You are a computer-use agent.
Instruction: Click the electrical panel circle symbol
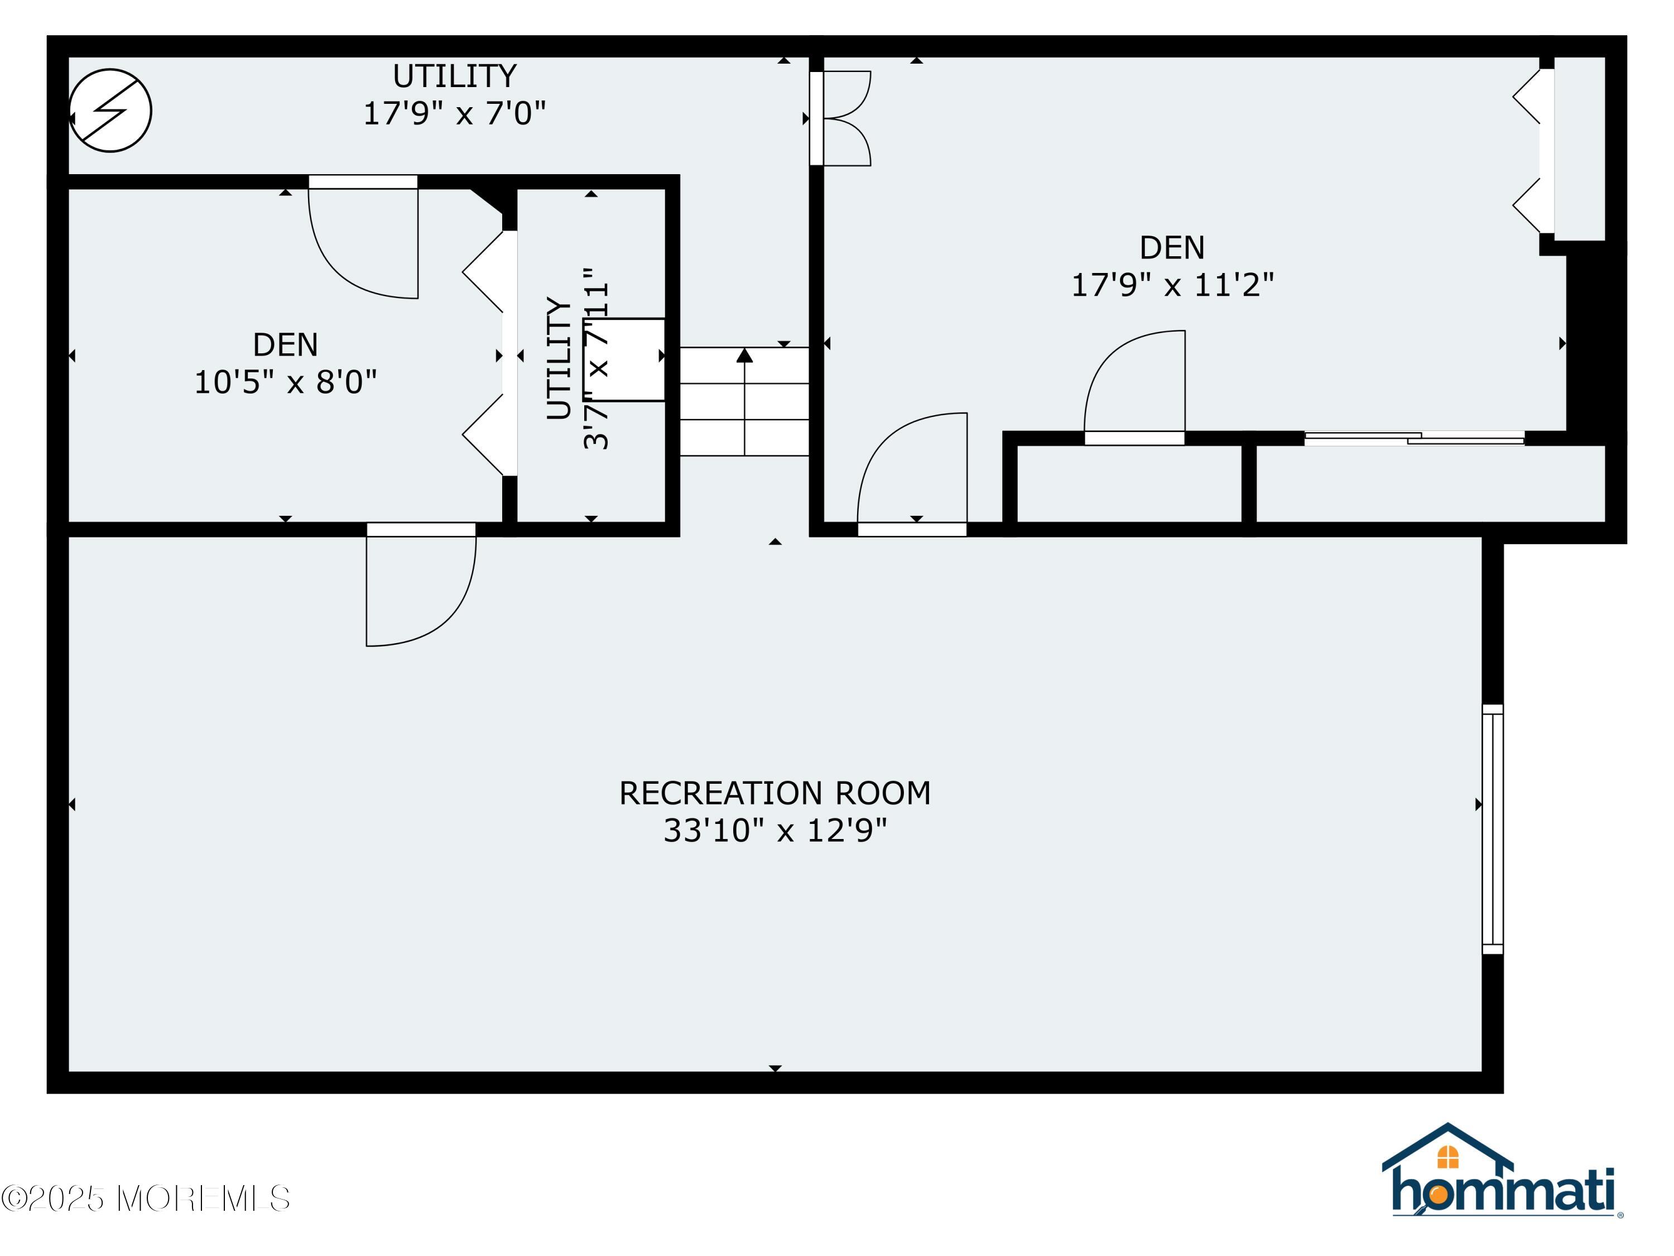coord(110,111)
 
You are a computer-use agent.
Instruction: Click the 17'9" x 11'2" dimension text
coord(1172,285)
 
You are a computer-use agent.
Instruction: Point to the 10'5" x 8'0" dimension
coord(285,382)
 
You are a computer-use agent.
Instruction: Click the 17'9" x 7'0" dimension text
coord(454,113)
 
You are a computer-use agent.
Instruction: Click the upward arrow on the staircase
coord(745,356)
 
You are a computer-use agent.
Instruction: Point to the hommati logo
coord(1502,1192)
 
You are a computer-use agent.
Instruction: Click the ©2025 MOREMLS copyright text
coord(145,1199)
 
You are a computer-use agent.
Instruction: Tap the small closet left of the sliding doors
coord(1128,483)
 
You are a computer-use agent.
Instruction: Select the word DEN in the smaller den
coord(285,345)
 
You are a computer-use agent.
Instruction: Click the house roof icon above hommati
coord(1447,1148)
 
